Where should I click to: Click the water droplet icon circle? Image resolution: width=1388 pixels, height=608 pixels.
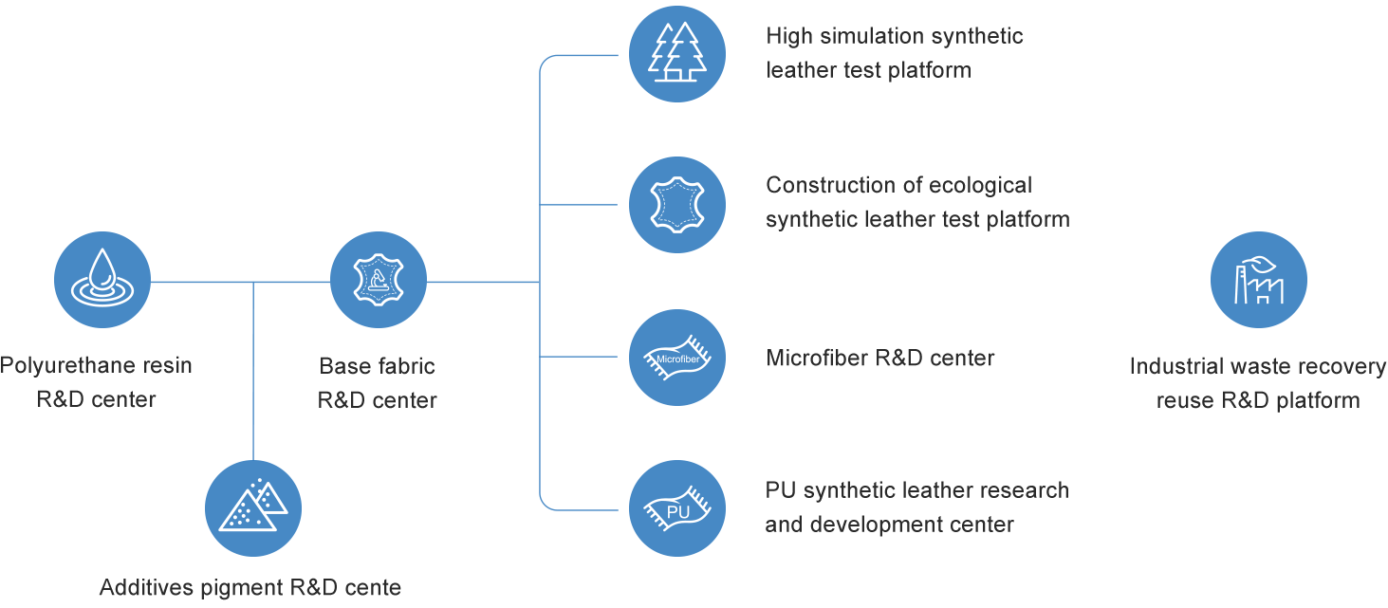click(102, 280)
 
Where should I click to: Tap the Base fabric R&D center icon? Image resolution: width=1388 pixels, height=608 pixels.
click(378, 280)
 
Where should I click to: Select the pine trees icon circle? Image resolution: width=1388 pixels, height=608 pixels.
click(677, 53)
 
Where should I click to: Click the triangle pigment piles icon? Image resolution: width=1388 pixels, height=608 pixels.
click(252, 508)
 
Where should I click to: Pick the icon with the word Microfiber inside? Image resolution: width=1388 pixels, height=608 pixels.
click(677, 358)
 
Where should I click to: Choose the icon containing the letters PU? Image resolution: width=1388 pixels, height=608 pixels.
click(677, 508)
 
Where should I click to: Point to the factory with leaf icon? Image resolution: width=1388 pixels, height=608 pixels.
click(1258, 280)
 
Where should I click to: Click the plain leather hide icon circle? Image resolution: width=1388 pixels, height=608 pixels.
click(677, 205)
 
